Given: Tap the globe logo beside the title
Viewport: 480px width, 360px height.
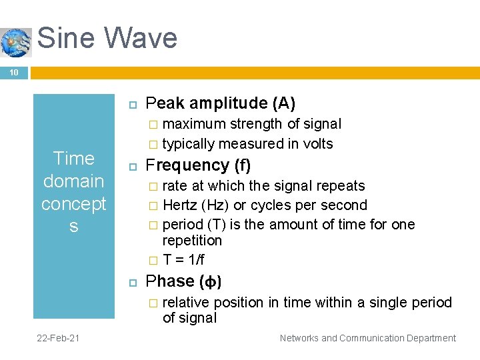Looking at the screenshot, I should [16, 42].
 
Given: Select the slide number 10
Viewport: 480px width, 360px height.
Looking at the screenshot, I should [13, 72].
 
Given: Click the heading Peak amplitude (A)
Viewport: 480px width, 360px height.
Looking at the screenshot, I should [220, 103].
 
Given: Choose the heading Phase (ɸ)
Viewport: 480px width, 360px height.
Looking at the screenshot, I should [183, 281].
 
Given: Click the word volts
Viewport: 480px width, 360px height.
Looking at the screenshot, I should [317, 144].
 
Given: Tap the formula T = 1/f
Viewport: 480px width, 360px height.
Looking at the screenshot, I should [183, 260].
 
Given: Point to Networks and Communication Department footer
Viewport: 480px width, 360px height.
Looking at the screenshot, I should [367, 338].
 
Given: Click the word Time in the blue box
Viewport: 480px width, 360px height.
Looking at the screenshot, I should [73, 159].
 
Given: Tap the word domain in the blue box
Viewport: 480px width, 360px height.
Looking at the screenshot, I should [73, 181].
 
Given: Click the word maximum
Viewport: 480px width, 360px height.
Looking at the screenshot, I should [195, 124].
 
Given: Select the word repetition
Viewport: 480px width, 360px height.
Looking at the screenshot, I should [192, 240].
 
